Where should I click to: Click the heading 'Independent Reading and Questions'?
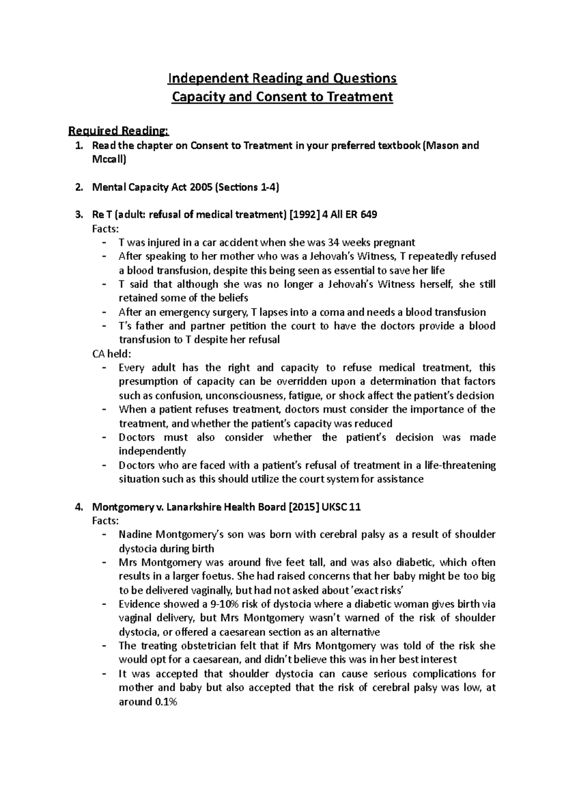coord(282,78)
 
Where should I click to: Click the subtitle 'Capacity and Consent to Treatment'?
coord(282,97)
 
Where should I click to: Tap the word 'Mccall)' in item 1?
coord(109,160)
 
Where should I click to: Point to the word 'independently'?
coord(152,451)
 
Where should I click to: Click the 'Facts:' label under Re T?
coord(105,229)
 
